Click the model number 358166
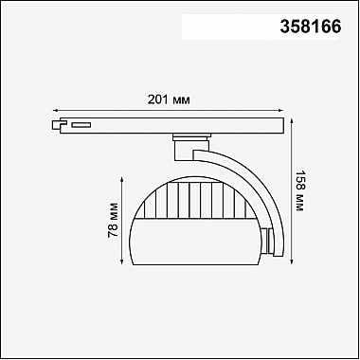pyautogui.click(x=311, y=27)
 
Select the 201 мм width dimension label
pyautogui.click(x=169, y=99)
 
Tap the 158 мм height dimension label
pyautogui.click(x=299, y=191)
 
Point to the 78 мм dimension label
pyautogui.click(x=113, y=220)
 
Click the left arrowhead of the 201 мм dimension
pyautogui.click(x=55, y=110)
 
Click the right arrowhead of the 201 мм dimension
pyautogui.click(x=280, y=110)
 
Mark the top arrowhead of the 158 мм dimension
pyautogui.click(x=292, y=120)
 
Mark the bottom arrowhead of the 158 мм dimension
pyautogui.click(x=292, y=261)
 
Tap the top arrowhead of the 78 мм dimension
pyautogui.click(x=122, y=179)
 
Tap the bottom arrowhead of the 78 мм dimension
pyautogui.click(x=122, y=261)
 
